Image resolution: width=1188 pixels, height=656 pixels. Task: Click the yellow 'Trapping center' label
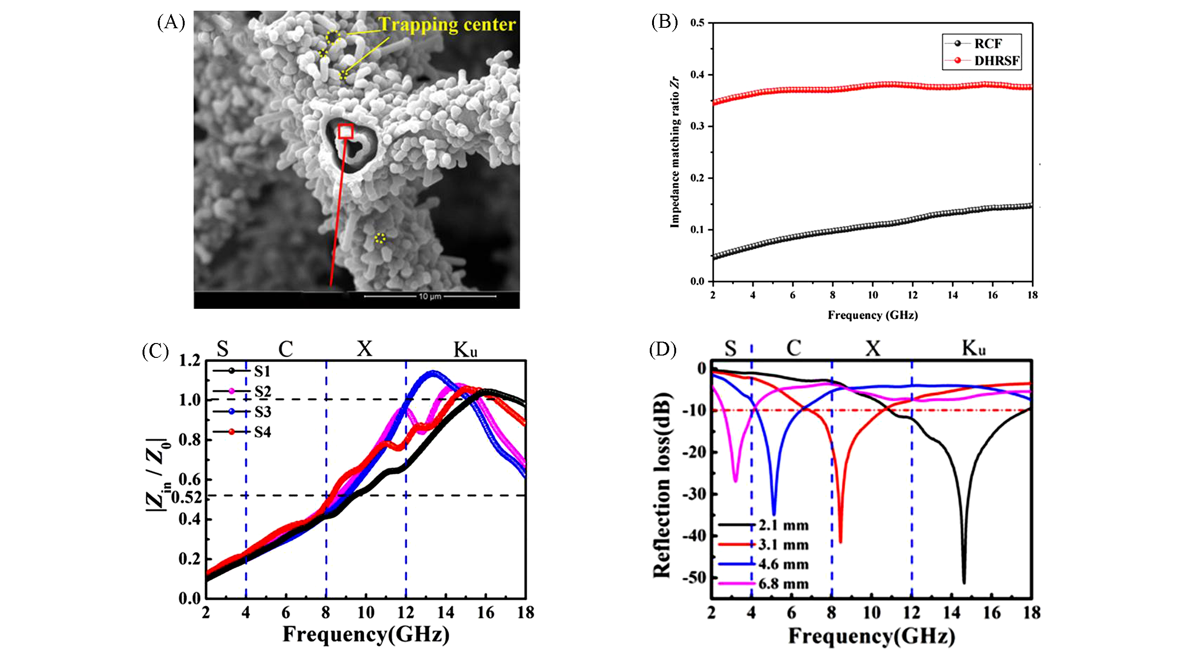(x=447, y=25)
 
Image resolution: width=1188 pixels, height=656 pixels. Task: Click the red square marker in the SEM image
(x=346, y=131)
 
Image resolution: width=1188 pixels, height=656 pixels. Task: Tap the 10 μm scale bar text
(x=430, y=296)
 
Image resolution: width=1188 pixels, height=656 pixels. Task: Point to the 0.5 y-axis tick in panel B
(x=697, y=23)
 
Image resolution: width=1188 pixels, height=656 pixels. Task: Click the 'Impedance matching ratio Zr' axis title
(x=675, y=152)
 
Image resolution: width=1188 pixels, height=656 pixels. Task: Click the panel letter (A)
(x=171, y=22)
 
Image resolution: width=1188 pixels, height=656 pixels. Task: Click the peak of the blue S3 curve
(x=433, y=372)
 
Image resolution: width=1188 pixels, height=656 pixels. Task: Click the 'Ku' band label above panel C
(x=465, y=350)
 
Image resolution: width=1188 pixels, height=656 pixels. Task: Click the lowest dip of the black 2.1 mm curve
(x=964, y=582)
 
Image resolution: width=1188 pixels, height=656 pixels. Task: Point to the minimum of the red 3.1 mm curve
(x=840, y=542)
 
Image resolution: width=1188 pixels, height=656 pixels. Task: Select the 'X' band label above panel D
(x=873, y=348)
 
